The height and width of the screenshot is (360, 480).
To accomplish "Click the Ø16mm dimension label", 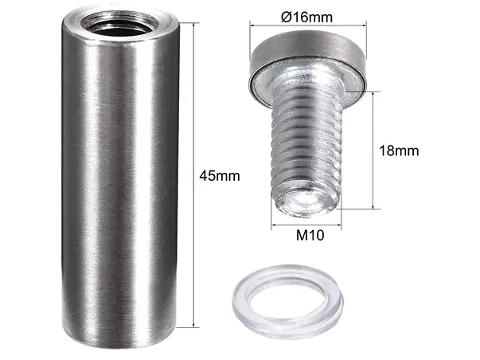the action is point(306,17).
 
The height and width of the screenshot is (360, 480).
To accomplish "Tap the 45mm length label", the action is point(220,176).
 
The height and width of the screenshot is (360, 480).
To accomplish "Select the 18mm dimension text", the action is point(399,151).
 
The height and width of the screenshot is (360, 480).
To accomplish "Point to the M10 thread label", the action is point(310,235).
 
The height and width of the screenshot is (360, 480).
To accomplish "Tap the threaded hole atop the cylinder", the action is point(119,24).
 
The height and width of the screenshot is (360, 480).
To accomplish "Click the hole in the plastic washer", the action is point(287,302).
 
